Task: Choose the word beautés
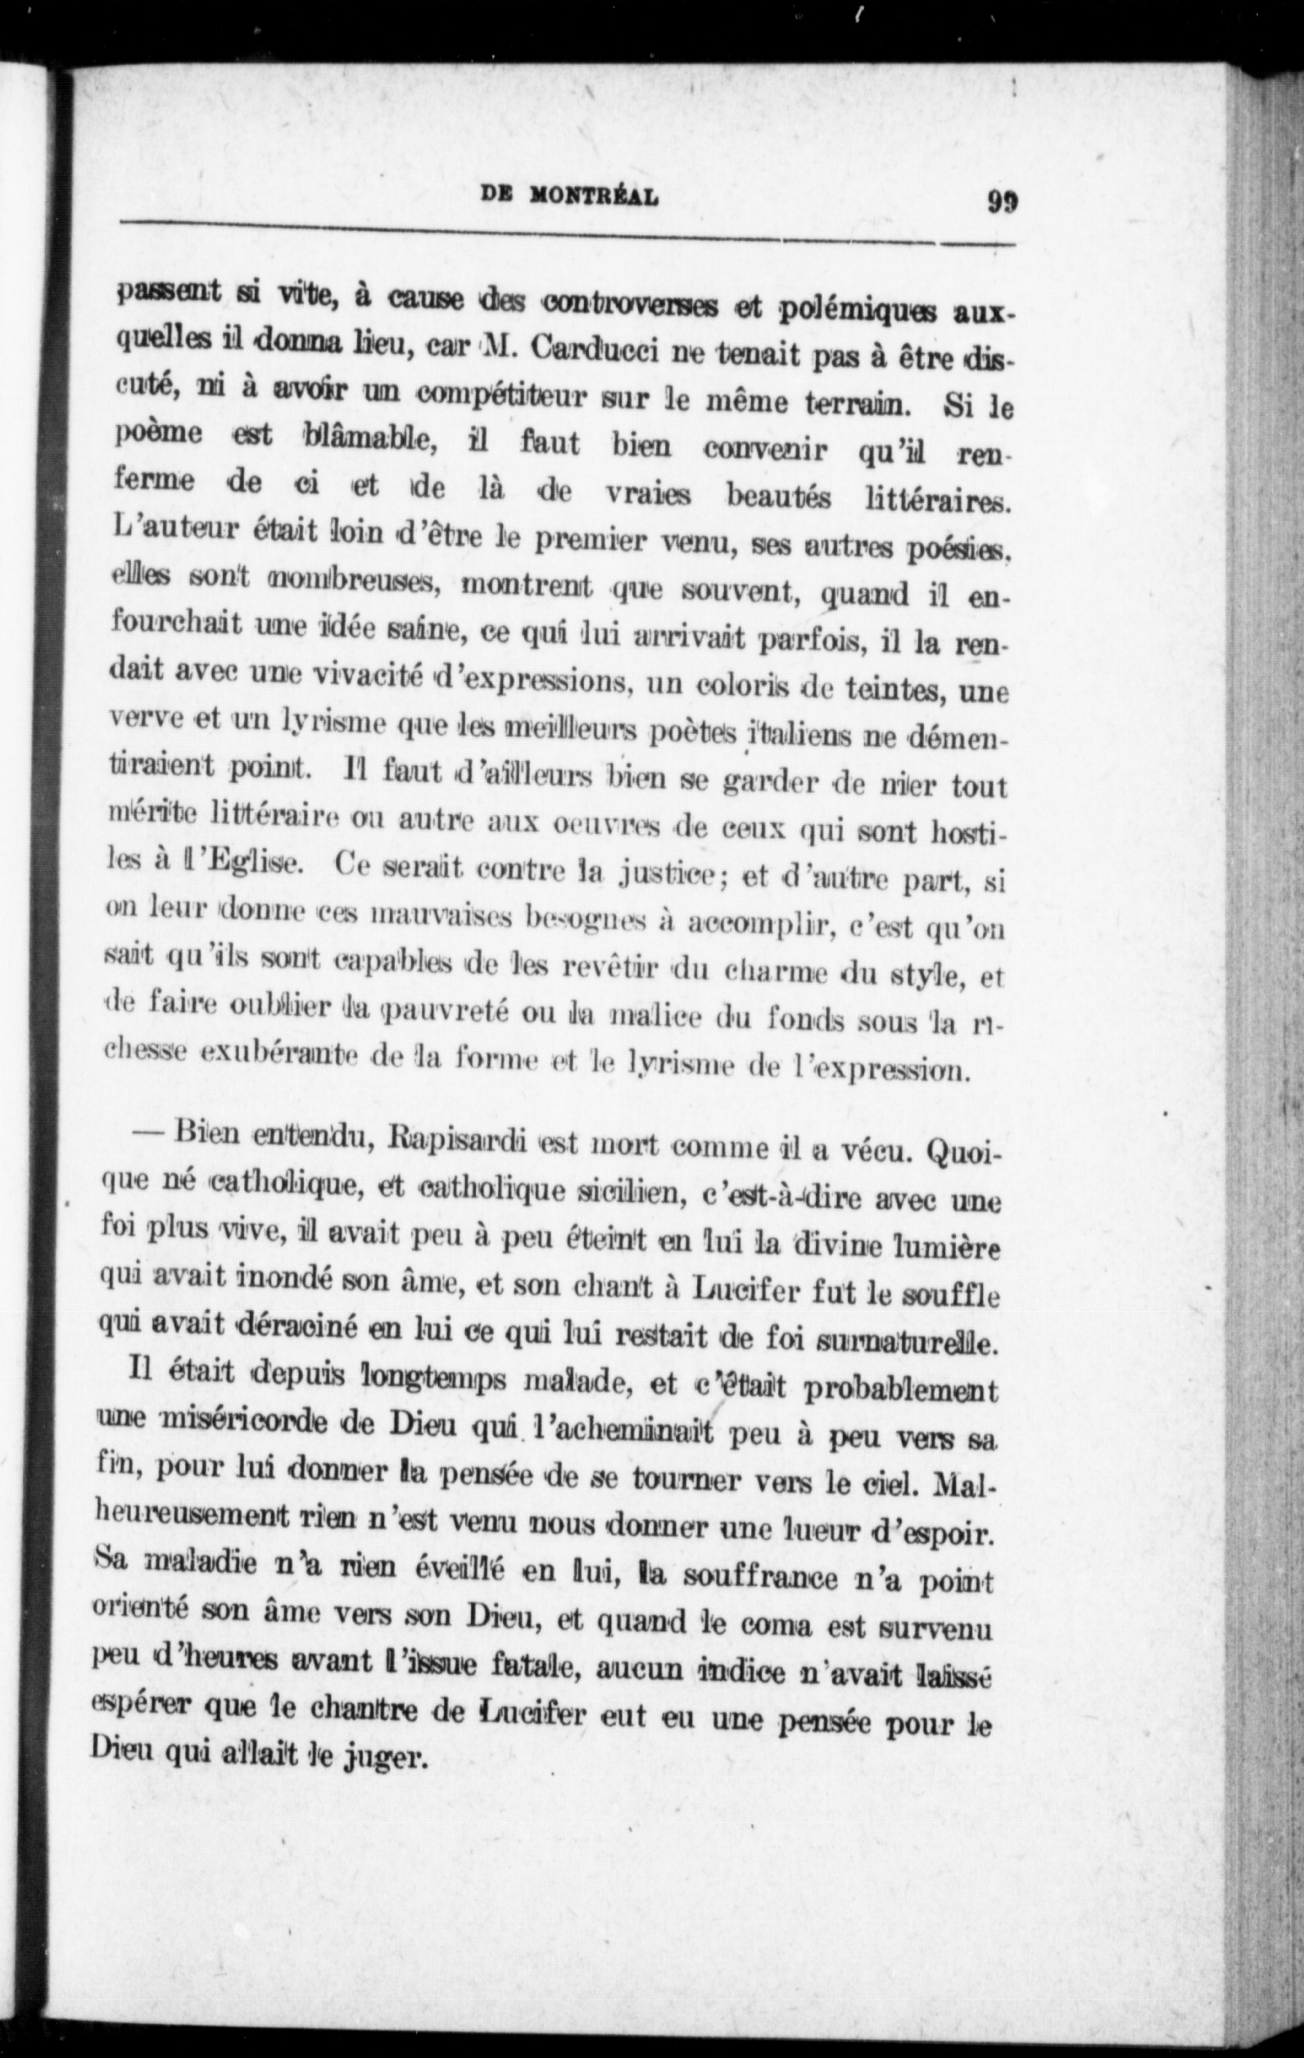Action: tap(778, 495)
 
